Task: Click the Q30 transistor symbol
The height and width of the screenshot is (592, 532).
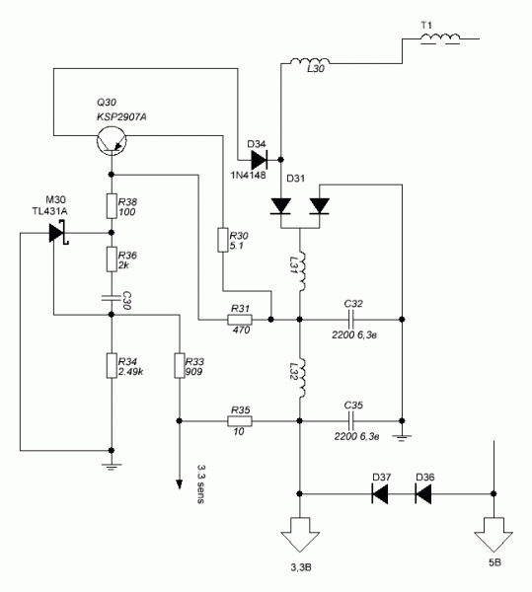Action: tap(112, 140)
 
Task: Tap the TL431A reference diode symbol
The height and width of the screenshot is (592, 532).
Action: tap(59, 233)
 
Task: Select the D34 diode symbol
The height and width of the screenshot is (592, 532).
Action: tap(259, 160)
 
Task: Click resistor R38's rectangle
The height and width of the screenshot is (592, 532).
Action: tap(112, 206)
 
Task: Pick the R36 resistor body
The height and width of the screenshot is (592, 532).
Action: tap(112, 259)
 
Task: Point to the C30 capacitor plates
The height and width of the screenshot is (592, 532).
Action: tap(112, 298)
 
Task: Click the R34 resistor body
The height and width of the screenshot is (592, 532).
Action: tap(112, 365)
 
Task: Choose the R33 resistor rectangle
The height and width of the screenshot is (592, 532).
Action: tap(180, 365)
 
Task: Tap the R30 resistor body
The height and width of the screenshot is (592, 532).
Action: tap(223, 240)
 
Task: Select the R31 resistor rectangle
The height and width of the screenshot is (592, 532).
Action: tap(240, 320)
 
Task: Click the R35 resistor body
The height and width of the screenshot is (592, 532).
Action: tap(240, 421)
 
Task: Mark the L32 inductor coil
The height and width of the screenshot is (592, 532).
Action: tap(301, 378)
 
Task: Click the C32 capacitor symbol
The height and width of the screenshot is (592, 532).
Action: tap(352, 320)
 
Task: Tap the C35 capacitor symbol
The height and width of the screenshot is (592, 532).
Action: tap(352, 421)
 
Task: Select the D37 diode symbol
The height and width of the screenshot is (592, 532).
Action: tap(379, 494)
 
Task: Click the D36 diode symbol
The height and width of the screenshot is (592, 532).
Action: tap(422, 494)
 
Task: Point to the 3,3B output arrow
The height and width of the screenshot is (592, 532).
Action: tap(300, 535)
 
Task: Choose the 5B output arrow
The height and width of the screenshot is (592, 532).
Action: tap(494, 535)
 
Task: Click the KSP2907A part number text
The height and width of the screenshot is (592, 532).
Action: tap(121, 117)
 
